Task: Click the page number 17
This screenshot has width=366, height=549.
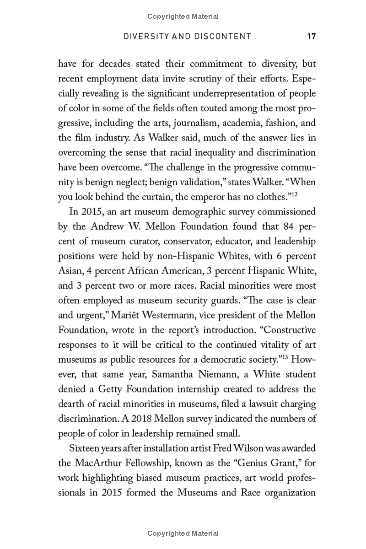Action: [312, 37]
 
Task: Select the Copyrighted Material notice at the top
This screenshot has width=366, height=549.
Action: [183, 16]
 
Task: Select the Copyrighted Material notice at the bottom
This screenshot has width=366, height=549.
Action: [183, 533]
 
